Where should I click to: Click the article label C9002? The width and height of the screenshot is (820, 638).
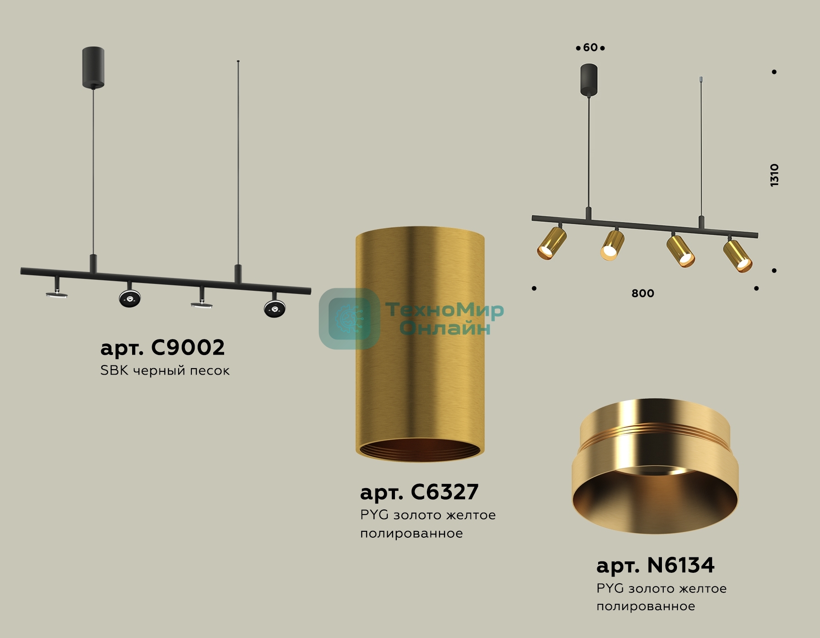[163, 348]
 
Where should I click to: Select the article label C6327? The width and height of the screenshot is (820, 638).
[419, 492]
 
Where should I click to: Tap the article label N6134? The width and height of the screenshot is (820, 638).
[655, 566]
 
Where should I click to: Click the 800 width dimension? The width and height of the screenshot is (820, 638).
[643, 293]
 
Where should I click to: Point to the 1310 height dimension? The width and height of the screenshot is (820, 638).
[774, 175]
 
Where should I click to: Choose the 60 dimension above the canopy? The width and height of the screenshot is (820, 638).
[590, 47]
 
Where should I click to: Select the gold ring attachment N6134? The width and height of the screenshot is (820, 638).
[655, 466]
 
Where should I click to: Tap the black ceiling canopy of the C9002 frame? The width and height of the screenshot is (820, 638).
[93, 67]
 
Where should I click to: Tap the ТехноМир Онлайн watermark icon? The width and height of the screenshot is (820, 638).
[349, 319]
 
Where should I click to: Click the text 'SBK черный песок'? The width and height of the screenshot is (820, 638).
[165, 370]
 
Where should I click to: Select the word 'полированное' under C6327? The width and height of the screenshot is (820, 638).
[411, 534]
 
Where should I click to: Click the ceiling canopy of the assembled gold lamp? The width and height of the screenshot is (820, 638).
[589, 80]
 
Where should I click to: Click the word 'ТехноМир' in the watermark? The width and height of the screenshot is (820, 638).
[445, 310]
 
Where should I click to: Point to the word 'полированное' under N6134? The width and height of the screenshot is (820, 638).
[646, 607]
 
